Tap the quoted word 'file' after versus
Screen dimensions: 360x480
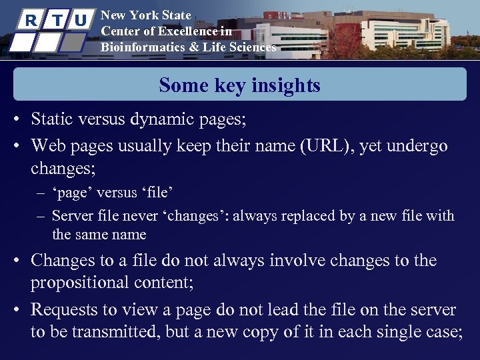coord(158,193)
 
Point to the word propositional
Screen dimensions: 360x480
coord(89,283)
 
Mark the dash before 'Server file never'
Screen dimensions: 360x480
coord(41,216)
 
